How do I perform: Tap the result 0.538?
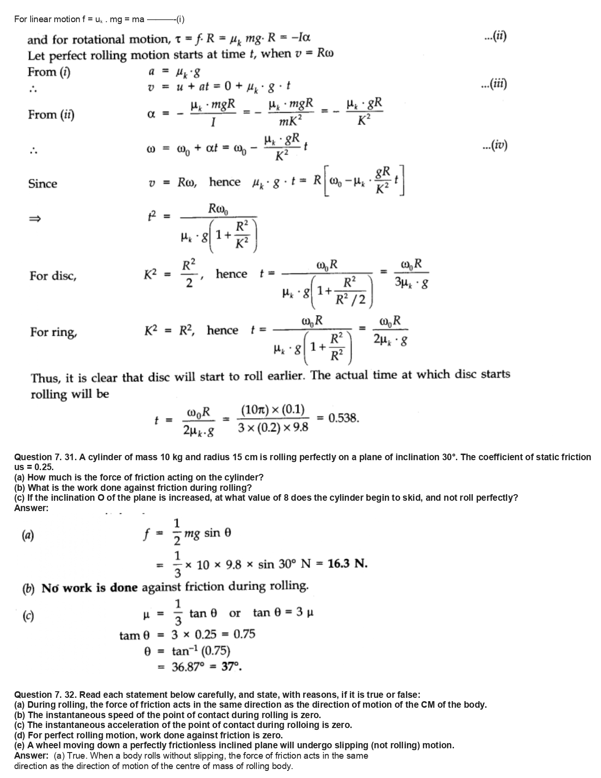(344, 418)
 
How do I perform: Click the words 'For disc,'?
(53, 276)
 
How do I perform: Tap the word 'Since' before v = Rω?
(42, 183)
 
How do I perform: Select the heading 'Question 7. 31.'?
(45, 457)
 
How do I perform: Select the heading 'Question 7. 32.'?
(45, 695)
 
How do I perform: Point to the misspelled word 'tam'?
(129, 636)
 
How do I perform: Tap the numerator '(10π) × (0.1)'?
(273, 409)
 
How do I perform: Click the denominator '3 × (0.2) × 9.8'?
(273, 427)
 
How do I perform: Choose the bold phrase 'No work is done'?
(90, 588)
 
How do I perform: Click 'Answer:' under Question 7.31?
(31, 508)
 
